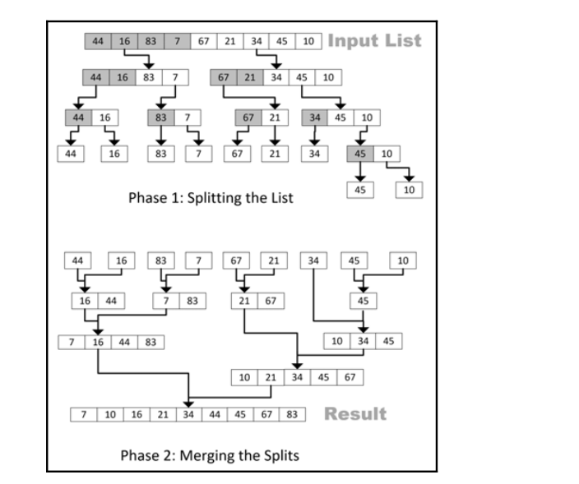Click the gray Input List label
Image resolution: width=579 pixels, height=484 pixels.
point(374,40)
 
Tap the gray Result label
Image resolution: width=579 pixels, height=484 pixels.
point(355,413)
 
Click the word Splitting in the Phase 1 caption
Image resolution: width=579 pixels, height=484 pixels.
point(206,198)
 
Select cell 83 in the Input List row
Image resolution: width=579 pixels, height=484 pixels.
point(151,41)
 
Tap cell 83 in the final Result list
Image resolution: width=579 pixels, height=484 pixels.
point(291,413)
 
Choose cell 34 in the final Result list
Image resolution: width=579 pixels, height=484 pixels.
point(188,413)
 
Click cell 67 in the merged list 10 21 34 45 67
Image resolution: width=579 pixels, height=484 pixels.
point(349,377)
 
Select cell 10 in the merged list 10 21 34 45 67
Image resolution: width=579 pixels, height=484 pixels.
point(244,377)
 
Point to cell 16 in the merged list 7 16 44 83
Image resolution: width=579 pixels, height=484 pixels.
point(99,342)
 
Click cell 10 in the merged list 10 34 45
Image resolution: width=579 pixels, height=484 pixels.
point(336,340)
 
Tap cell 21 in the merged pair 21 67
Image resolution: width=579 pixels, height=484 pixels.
point(244,300)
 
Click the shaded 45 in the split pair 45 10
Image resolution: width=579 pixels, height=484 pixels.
point(359,154)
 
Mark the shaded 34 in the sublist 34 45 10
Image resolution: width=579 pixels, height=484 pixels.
point(314,118)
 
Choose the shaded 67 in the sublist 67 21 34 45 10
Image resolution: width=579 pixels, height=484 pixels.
point(223,77)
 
